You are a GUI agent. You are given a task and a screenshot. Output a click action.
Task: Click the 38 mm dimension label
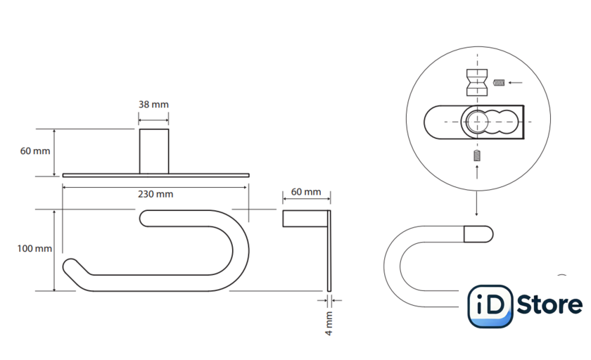pyautogui.click(x=153, y=104)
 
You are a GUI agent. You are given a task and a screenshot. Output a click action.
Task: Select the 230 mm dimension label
pyautogui.click(x=155, y=194)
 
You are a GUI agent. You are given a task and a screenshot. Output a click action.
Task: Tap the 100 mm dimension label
pyautogui.click(x=34, y=248)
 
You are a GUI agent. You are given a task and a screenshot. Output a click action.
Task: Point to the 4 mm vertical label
pyautogui.click(x=329, y=323)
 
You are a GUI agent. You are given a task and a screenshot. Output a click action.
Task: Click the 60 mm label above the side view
pyautogui.click(x=306, y=192)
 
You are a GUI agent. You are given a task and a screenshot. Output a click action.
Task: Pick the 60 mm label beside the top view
pyautogui.click(x=35, y=151)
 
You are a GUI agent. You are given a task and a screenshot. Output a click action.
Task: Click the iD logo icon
pyautogui.click(x=490, y=306)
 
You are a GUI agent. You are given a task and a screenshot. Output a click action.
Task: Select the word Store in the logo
pyautogui.click(x=549, y=304)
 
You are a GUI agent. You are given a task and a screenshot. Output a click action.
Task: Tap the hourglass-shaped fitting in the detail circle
pyautogui.click(x=477, y=82)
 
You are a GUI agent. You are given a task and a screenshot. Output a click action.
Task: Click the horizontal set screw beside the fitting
pyautogui.click(x=499, y=82)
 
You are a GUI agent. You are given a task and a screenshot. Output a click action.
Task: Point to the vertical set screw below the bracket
pyautogui.click(x=477, y=155)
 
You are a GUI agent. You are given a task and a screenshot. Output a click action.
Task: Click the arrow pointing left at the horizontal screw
pyautogui.click(x=515, y=82)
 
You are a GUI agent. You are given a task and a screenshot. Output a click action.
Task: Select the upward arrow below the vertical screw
pyautogui.click(x=477, y=172)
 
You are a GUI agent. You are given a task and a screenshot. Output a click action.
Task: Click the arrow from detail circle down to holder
pyautogui.click(x=476, y=203)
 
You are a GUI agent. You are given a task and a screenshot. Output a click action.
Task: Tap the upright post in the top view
pyautogui.click(x=154, y=151)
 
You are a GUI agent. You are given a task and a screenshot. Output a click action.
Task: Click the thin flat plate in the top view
pyautogui.click(x=156, y=175)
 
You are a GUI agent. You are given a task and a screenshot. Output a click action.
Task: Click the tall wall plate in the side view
pyautogui.click(x=329, y=251)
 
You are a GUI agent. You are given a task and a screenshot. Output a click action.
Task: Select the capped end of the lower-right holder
pyautogui.click(x=478, y=234)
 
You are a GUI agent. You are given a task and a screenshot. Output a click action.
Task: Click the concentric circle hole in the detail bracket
pyautogui.click(x=477, y=122)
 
